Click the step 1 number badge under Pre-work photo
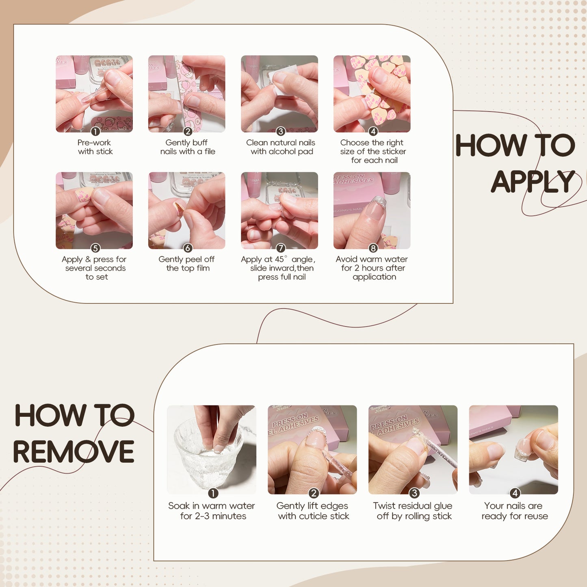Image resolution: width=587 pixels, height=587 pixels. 95,132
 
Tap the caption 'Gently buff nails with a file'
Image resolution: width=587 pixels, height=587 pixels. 187,147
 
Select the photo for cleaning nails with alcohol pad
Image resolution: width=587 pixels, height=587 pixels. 279,94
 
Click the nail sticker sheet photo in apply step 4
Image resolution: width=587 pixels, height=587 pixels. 372,94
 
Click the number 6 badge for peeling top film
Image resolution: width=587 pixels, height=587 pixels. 188,248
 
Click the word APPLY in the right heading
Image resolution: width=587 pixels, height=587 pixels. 533,182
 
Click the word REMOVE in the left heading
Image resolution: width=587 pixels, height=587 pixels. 74,452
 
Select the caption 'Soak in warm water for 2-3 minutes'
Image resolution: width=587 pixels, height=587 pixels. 212,511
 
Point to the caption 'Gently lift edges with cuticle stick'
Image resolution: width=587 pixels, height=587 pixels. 313,511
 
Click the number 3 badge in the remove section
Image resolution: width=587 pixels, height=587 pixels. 414,493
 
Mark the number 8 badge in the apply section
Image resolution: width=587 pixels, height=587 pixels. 373,248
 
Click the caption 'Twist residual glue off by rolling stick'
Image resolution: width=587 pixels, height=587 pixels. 413,511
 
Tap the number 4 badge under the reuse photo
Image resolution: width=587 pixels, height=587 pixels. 515,493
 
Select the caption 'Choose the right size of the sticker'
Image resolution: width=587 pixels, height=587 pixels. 373,151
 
